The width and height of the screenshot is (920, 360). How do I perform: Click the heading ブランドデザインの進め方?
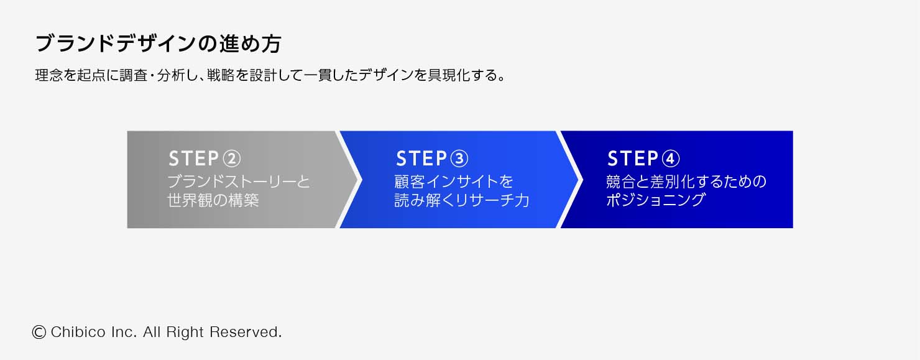(x=159, y=44)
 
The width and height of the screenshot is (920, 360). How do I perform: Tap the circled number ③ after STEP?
(x=458, y=159)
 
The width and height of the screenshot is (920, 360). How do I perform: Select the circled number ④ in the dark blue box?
(x=671, y=159)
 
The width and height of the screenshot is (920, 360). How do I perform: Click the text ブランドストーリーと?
(x=239, y=182)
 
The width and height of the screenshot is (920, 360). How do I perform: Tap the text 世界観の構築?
(x=213, y=201)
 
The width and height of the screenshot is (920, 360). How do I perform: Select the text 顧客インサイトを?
(x=454, y=182)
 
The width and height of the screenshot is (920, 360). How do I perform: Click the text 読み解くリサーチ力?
(x=462, y=201)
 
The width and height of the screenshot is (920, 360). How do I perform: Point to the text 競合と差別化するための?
(x=686, y=182)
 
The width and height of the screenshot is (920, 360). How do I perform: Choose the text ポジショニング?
(x=656, y=201)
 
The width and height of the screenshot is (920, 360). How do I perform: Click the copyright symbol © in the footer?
(x=39, y=332)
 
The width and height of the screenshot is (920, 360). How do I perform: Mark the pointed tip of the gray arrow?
(x=361, y=179)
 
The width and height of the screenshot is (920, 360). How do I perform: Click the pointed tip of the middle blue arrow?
(x=581, y=179)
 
